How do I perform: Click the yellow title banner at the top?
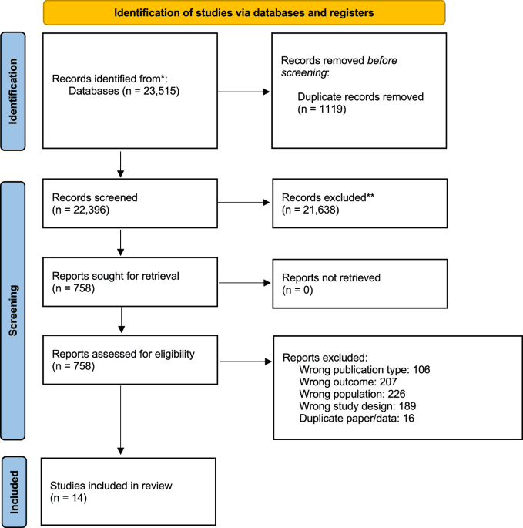[x=243, y=12]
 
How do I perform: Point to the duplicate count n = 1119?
[x=322, y=110]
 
